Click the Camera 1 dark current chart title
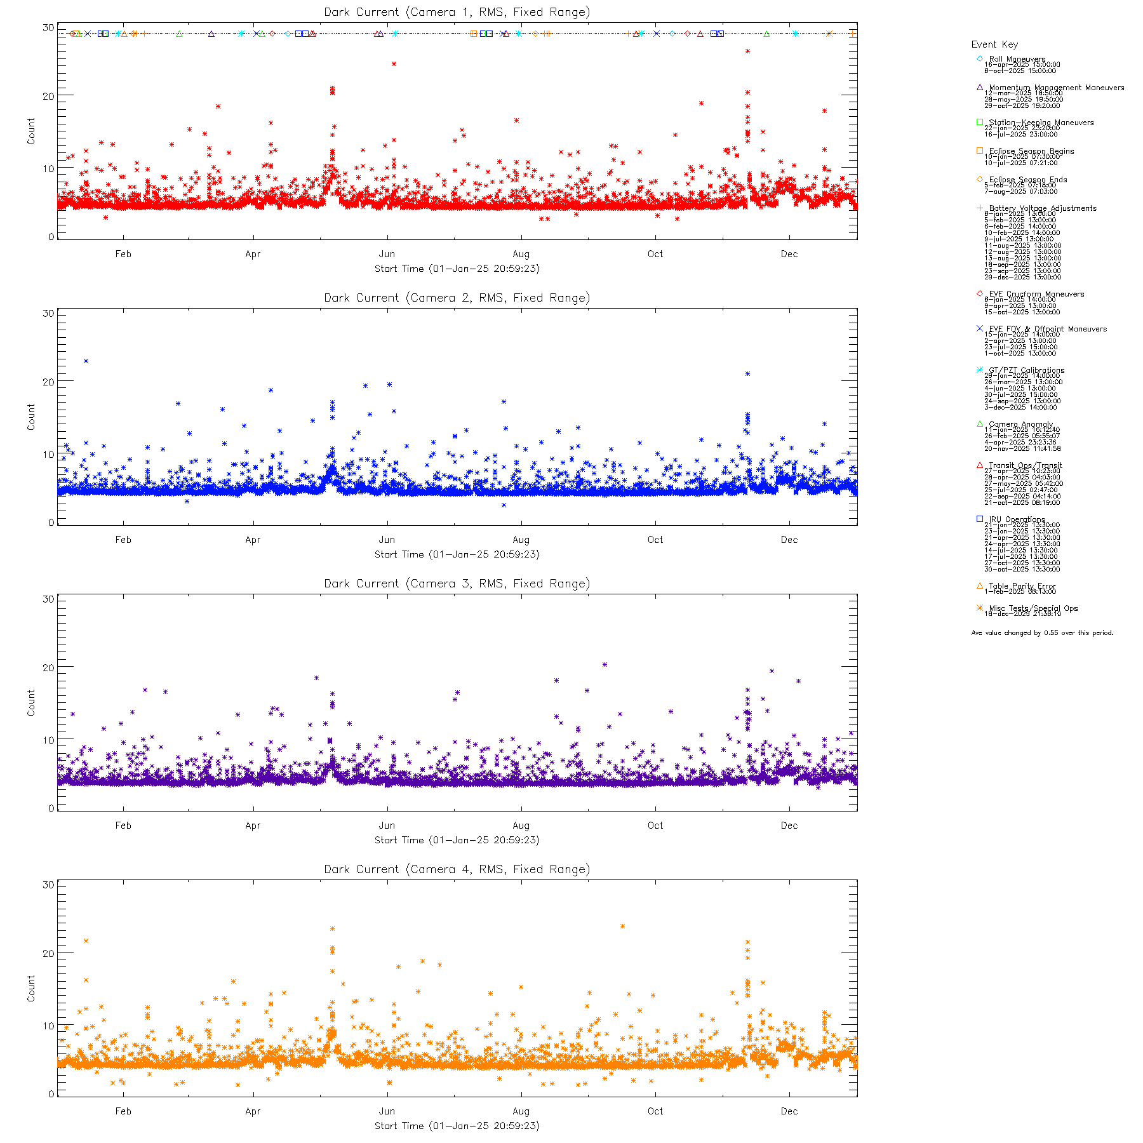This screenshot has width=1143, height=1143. [457, 12]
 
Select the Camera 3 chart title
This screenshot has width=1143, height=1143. [457, 584]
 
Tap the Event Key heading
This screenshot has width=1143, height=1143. [994, 44]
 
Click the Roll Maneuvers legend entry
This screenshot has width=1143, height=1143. [1017, 59]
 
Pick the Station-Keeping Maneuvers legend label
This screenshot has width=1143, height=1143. [1041, 123]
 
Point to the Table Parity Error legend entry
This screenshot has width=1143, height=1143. [1022, 586]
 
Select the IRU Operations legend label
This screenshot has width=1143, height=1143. [1016, 519]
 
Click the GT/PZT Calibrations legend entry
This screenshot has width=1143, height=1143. [1026, 370]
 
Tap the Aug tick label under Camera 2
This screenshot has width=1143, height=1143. [521, 540]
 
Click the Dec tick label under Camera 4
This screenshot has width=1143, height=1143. [789, 1111]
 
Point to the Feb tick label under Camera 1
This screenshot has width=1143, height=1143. [123, 254]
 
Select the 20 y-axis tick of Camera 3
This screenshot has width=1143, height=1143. [48, 667]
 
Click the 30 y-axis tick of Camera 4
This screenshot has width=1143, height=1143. [48, 885]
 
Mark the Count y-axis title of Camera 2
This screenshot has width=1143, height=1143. [31, 417]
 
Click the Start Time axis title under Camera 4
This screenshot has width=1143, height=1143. [457, 1126]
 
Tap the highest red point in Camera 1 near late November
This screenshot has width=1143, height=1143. [747, 51]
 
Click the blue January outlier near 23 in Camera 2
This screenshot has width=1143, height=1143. [86, 361]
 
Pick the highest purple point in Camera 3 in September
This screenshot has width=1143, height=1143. [605, 665]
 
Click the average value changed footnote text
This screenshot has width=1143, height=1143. [1042, 633]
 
